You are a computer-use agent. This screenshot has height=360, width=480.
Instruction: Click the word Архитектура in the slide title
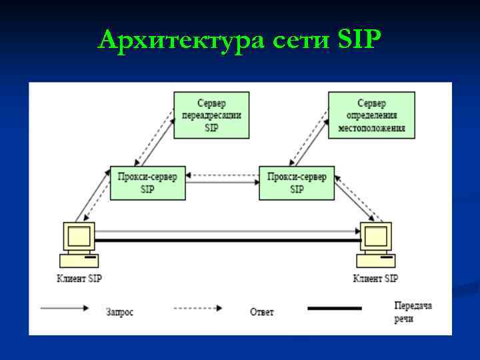click(x=183, y=41)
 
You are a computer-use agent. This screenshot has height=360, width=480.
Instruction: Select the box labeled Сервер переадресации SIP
click(x=211, y=115)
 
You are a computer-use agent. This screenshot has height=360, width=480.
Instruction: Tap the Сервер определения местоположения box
click(x=371, y=115)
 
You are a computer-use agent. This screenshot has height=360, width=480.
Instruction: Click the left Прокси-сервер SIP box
click(x=147, y=182)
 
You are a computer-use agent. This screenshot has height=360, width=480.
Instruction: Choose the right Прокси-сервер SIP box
click(x=297, y=182)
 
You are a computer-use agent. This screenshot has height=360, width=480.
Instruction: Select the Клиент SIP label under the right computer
click(x=375, y=278)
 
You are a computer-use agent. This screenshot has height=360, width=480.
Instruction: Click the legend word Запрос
click(x=119, y=311)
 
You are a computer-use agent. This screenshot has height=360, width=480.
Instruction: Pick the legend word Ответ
click(x=261, y=311)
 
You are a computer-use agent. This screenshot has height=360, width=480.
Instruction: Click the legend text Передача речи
click(x=413, y=311)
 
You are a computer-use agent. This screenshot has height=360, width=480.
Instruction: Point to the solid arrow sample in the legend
click(x=65, y=308)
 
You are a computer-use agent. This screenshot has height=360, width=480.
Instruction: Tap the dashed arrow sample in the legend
click(x=198, y=308)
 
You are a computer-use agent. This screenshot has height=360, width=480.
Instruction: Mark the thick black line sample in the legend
click(x=334, y=308)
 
